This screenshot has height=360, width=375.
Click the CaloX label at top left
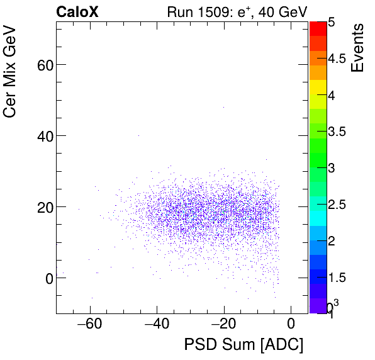(77, 12)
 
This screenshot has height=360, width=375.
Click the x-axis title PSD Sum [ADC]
(243, 345)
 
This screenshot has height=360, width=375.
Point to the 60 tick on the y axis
(43, 65)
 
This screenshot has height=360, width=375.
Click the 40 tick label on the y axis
(43, 136)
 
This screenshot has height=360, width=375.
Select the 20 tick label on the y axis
(43, 207)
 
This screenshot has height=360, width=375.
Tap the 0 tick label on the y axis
(48, 278)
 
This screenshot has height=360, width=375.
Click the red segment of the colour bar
(317, 28)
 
